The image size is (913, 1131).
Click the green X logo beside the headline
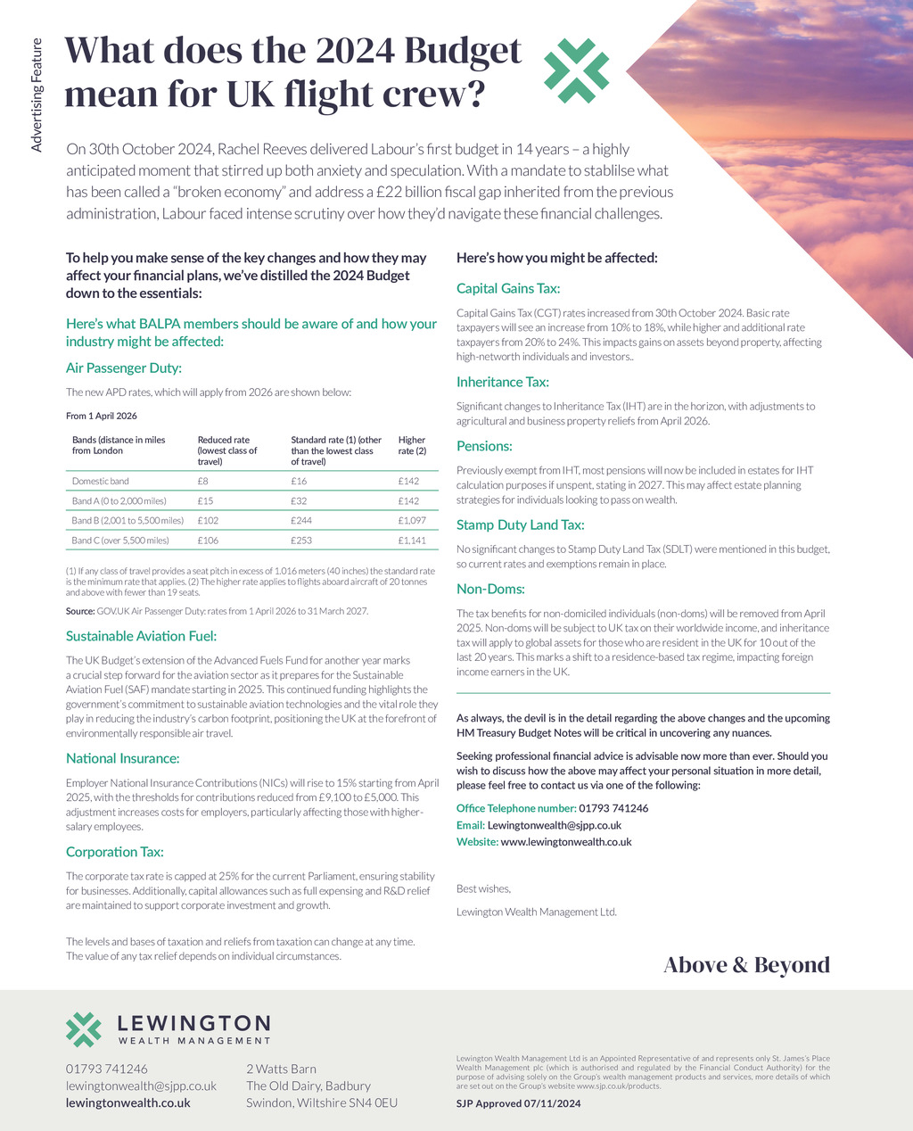tap(576, 70)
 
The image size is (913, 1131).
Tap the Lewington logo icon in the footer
tap(84, 1029)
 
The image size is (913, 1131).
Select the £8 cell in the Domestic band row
tap(202, 481)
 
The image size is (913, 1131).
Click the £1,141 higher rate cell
tap(412, 541)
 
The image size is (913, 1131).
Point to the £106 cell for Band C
tap(208, 541)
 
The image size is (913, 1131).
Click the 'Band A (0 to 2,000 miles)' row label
tap(119, 501)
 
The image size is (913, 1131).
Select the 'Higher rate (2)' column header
tap(412, 445)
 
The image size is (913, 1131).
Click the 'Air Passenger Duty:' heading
tap(124, 368)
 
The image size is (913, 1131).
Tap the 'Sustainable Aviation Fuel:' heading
tap(141, 636)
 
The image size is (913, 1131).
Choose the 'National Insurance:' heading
tap(123, 758)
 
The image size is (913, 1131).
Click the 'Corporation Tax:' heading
tap(115, 852)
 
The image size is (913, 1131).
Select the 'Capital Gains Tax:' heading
tap(508, 288)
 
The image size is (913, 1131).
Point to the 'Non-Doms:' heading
tap(490, 589)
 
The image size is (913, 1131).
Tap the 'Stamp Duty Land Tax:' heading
tap(521, 524)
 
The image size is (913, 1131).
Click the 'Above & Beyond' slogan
tap(746, 965)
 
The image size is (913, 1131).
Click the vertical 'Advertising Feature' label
tap(37, 95)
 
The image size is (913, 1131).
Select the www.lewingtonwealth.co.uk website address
tap(566, 842)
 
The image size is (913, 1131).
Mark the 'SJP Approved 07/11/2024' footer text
tap(518, 1103)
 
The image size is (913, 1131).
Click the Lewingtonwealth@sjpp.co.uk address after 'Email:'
tap(554, 825)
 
